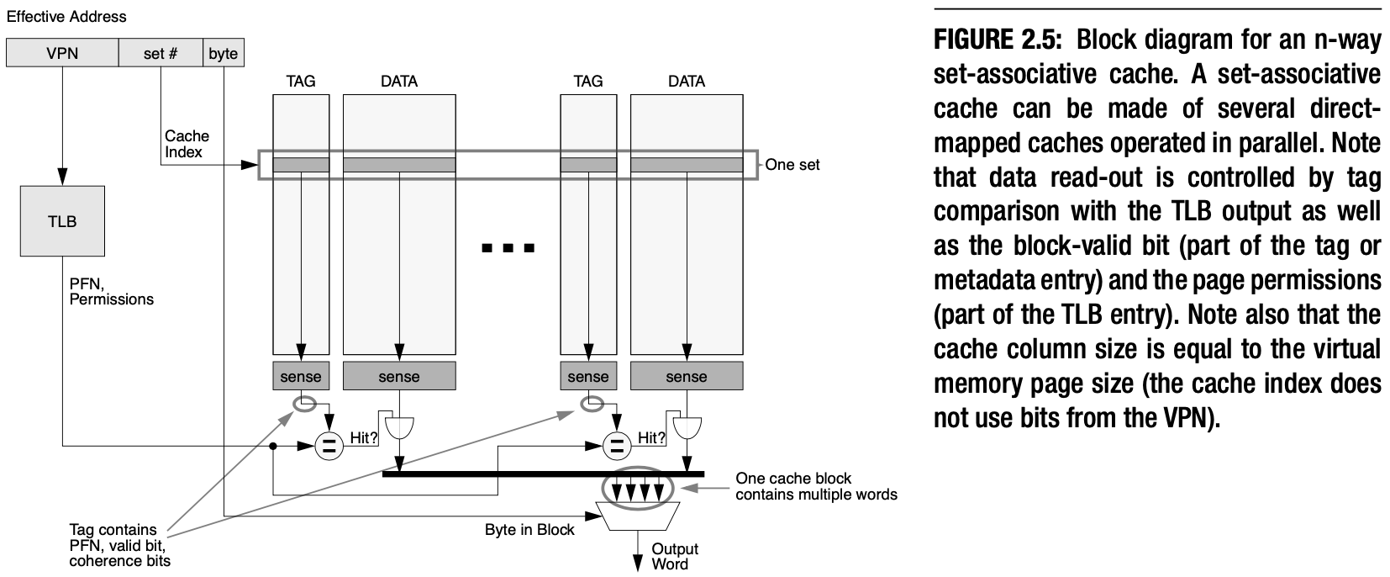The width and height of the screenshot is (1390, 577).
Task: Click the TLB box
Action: (62, 221)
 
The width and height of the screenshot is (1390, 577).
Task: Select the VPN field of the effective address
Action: (62, 54)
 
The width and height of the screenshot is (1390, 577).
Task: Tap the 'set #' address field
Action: (161, 54)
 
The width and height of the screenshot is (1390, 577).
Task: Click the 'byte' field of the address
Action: (223, 54)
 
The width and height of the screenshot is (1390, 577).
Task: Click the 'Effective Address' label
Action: (66, 16)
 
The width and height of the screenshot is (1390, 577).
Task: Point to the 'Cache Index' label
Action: (187, 144)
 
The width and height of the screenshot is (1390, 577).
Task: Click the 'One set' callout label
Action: (792, 165)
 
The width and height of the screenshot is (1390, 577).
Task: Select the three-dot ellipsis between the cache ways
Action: (508, 248)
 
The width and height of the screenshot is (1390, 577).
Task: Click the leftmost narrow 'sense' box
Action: (301, 377)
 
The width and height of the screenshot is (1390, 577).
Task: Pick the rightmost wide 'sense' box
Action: (686, 377)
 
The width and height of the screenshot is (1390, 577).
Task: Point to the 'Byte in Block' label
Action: (529, 531)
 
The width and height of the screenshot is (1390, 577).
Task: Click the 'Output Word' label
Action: (675, 557)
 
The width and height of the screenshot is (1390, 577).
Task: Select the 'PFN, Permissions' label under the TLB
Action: (111, 292)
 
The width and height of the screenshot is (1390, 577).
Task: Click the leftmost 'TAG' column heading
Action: (301, 82)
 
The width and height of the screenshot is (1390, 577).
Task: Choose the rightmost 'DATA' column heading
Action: (686, 82)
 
